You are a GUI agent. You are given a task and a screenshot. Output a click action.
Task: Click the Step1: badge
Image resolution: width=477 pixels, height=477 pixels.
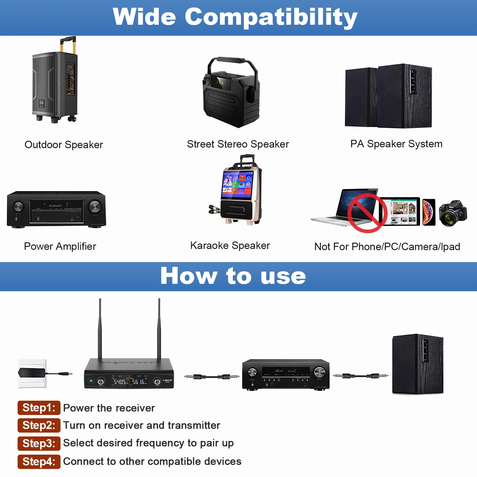pos(39,408)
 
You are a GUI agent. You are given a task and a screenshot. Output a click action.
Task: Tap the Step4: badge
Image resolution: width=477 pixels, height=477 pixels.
pos(39,461)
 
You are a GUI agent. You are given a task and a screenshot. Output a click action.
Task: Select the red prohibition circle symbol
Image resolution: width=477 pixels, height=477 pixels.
pos(367,213)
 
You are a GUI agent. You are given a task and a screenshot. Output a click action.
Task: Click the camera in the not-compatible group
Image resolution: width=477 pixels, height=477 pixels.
pos(453,213)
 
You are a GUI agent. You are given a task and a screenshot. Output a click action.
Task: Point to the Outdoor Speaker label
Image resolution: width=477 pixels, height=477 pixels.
pos(64,145)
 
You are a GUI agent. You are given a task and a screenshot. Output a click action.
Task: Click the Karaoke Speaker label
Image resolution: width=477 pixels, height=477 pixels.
pos(230,246)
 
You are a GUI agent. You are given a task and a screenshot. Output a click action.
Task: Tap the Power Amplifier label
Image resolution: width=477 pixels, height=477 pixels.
pos(60,247)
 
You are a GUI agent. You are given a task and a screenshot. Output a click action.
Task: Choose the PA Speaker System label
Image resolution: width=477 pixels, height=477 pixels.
pos(396,144)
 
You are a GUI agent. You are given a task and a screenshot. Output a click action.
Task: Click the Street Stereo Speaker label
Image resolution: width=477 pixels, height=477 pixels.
pos(238,144)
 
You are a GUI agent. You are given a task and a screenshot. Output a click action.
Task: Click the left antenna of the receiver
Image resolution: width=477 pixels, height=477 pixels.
pos(100,328)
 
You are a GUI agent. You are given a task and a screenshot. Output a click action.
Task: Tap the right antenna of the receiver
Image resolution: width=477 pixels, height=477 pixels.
pos(159,328)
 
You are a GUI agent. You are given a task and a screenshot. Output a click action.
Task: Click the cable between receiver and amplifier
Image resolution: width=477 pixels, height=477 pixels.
pos(211,377)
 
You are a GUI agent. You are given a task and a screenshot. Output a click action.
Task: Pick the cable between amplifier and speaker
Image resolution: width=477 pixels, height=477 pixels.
pos(360,376)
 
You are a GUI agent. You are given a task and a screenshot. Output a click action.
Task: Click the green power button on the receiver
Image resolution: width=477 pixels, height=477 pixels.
pos(91,381)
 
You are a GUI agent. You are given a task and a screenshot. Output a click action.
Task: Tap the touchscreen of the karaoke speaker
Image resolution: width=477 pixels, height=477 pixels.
pos(238,182)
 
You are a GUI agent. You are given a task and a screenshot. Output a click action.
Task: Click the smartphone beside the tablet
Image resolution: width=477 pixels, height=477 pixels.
pos(429,212)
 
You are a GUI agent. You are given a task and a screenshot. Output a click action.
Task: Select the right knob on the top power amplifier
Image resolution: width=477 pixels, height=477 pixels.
pos(95,206)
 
